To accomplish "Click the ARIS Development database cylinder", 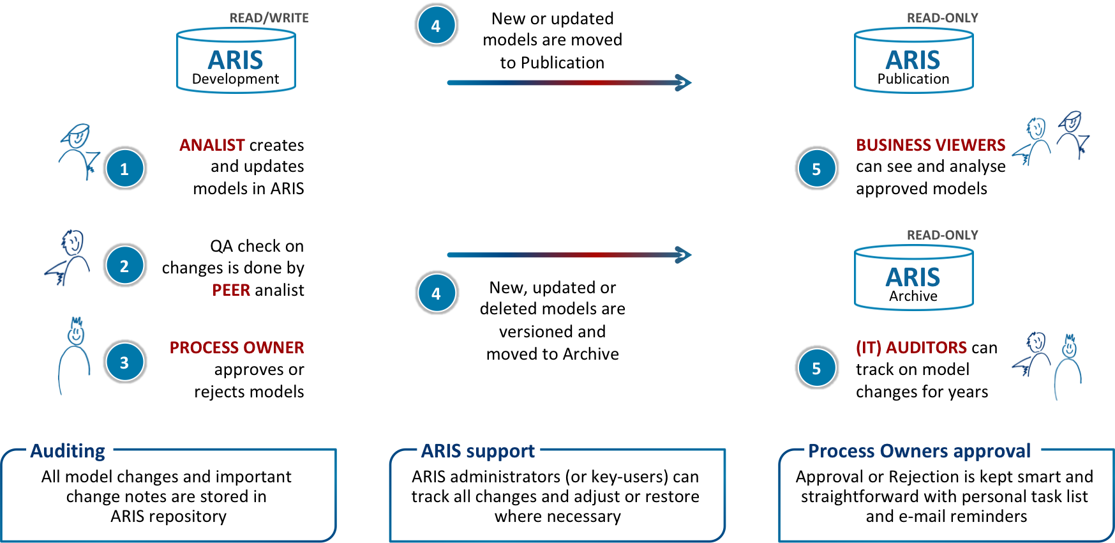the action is [236, 61].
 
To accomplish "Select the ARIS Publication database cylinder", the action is [913, 61].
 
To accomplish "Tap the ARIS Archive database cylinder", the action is [913, 278].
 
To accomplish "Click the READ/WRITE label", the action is [269, 18].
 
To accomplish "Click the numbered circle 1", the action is [124, 169].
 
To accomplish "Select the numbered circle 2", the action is [124, 266].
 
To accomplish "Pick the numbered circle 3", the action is [124, 362].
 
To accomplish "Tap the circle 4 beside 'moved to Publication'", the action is [436, 26].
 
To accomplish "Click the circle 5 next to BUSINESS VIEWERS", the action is [816, 169].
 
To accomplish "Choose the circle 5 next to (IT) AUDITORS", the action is [816, 368].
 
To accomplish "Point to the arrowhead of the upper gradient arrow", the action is [684, 82].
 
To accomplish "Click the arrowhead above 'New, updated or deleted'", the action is [684, 255].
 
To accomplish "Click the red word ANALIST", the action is [212, 145].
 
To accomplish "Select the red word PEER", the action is [231, 290].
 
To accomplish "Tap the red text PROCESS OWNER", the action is [237, 348].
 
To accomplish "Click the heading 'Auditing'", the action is [68, 451].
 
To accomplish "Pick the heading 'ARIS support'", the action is [477, 451].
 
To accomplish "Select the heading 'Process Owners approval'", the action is [919, 451].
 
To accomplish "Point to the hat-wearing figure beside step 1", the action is [79, 152].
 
